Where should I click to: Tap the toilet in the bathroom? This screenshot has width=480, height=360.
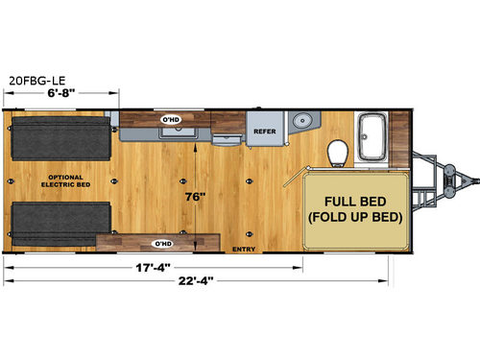(337, 151)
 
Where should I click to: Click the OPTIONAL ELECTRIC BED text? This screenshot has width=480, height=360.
(65, 181)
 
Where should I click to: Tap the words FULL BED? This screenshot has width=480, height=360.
(355, 201)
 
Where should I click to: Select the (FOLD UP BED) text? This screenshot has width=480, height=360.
(355, 218)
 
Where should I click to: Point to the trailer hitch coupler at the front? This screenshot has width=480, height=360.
(468, 180)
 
